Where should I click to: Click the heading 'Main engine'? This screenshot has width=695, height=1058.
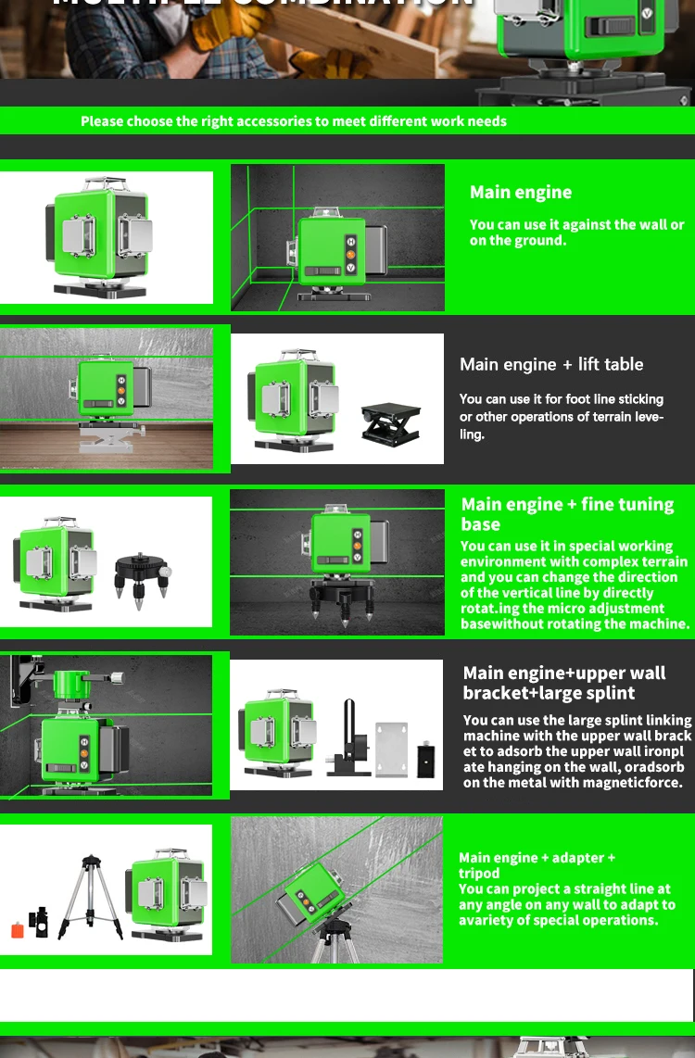(521, 193)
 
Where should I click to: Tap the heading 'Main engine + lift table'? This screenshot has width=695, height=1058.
(551, 364)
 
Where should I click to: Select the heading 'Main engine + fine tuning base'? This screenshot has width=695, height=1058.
(567, 513)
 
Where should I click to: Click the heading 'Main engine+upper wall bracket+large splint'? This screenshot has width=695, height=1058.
(563, 683)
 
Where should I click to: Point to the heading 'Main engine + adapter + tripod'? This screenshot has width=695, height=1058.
(537, 865)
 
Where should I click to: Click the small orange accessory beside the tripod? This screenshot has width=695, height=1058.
(18, 929)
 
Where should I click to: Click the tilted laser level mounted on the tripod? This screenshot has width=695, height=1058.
(315, 892)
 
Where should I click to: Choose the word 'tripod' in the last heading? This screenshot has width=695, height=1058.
(479, 874)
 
